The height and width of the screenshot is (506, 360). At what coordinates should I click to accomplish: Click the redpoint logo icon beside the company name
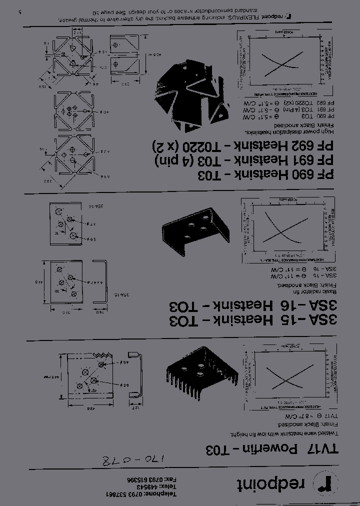click(x=325, y=483)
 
